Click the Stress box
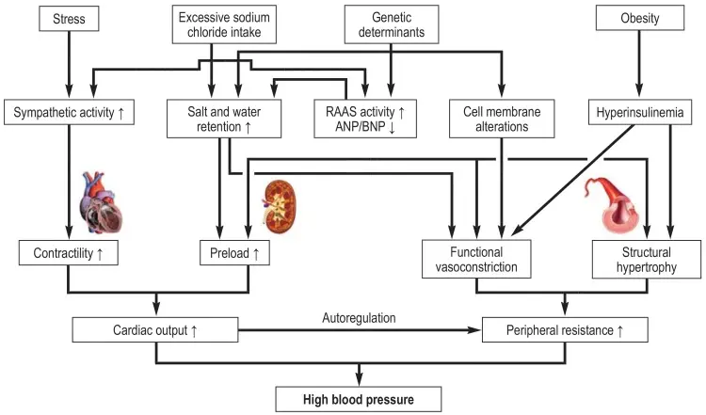tap(69, 19)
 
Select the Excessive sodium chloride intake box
tap(224, 24)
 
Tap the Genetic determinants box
tap(392, 24)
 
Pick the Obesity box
tap(640, 18)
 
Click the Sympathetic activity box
tap(69, 112)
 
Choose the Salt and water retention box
tap(224, 119)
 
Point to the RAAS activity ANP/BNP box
tap(365, 119)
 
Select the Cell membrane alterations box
tap(502, 119)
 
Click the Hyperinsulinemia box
tap(640, 112)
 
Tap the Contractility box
tap(69, 253)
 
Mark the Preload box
tap(234, 253)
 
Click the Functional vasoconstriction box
tap(476, 260)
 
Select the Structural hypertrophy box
tap(647, 260)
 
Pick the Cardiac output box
tap(155, 330)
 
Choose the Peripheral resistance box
tap(565, 330)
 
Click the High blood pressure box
tap(359, 399)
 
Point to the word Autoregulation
tap(359, 318)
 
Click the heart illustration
tap(102, 202)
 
